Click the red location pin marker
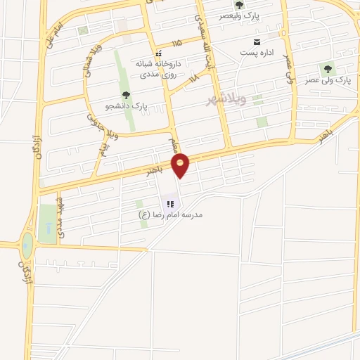pyautogui.click(x=181, y=165)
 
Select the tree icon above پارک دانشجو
pyautogui.click(x=126, y=94)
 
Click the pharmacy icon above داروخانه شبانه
pyautogui.click(x=160, y=53)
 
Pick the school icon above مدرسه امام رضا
pyautogui.click(x=170, y=204)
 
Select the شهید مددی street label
pyautogui.click(x=61, y=222)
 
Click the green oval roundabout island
pyautogui.click(x=27, y=245)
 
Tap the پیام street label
pyautogui.click(x=103, y=150)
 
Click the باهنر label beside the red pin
pyautogui.click(x=155, y=170)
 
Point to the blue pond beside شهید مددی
pyautogui.click(x=47, y=229)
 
